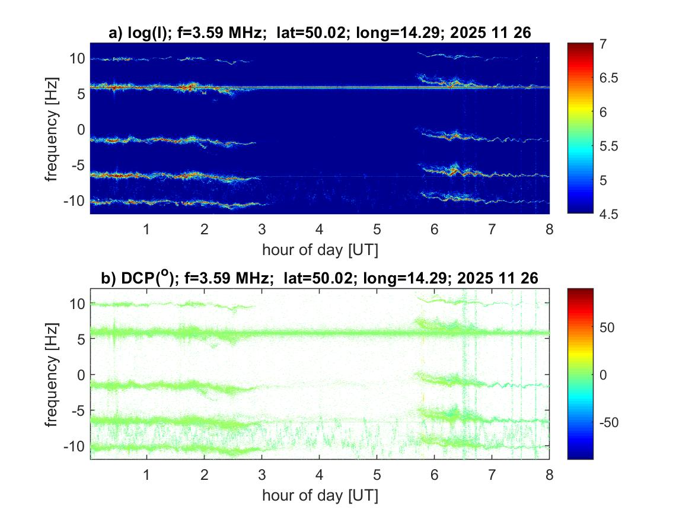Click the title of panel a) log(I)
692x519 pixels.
[x=320, y=34]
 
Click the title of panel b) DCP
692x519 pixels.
[x=320, y=279]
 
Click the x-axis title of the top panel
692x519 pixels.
[x=320, y=250]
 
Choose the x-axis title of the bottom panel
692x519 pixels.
[x=320, y=495]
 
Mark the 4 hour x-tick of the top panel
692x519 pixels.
[x=320, y=229]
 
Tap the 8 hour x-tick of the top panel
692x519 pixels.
[x=549, y=229]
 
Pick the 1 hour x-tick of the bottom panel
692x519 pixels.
[x=147, y=474]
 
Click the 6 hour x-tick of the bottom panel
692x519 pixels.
[x=435, y=474]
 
